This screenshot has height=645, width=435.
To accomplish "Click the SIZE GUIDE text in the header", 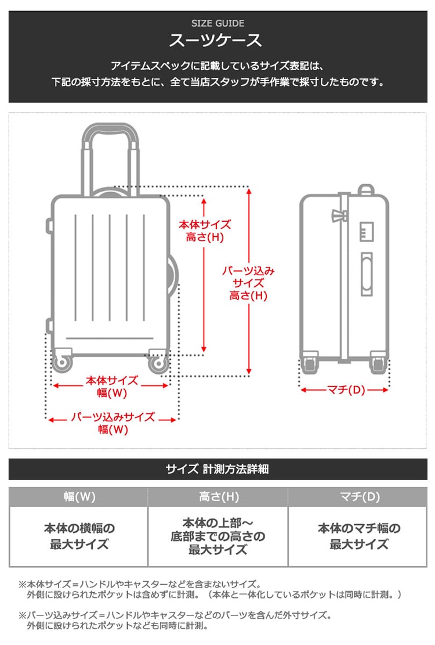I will [217, 24].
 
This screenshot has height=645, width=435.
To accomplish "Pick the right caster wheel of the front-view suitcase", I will [158, 364].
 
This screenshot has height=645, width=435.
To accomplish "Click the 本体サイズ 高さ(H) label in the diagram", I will [204, 230].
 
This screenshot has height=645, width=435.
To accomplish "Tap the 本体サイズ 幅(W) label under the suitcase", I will [112, 387].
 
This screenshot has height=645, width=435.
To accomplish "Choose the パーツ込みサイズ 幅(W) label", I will [112, 423].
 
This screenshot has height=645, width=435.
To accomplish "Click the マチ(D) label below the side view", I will [345, 390].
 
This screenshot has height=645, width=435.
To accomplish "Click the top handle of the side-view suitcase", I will [365, 190].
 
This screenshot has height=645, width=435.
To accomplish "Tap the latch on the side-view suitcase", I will [338, 215].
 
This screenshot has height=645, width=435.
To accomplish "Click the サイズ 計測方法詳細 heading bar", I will [217, 469].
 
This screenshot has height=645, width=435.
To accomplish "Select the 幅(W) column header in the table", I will [79, 497].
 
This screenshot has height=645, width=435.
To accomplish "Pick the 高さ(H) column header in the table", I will [218, 497].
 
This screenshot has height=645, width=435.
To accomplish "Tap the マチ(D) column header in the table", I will [358, 497].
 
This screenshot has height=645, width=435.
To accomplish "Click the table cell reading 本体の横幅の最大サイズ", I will [79, 536].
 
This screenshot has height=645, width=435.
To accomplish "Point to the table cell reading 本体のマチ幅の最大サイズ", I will [358, 536].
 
